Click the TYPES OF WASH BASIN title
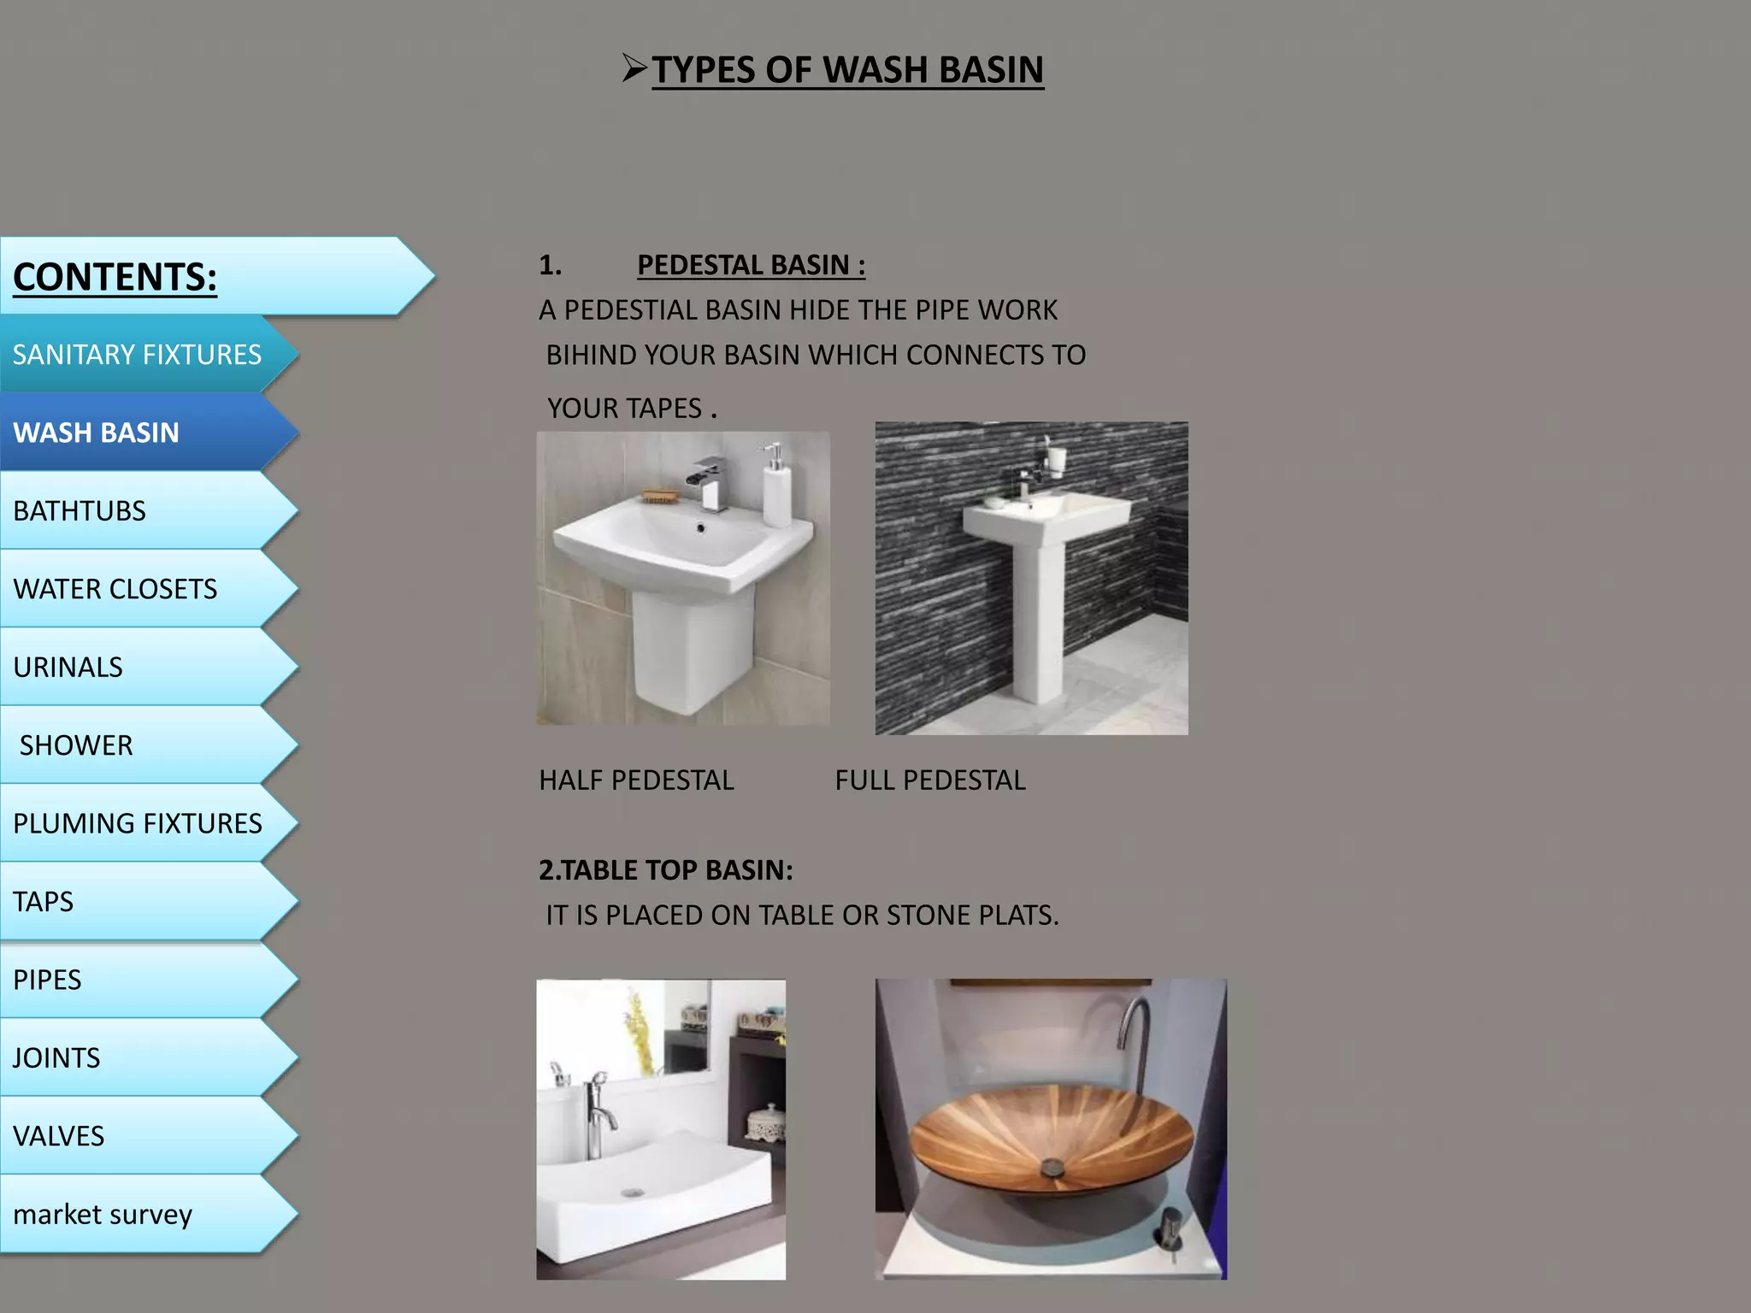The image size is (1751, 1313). pos(846,70)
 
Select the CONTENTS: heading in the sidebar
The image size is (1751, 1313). pos(115,277)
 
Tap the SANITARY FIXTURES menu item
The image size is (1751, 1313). pos(137,355)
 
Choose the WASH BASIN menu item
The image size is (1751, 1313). pos(97,433)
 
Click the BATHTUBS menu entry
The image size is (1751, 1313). pos(80,511)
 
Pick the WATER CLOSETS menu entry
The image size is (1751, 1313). pos(115,589)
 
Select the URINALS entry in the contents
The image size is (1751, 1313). pos(68,668)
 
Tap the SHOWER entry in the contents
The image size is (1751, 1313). pos(76,745)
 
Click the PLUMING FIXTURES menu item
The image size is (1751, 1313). pos(137,823)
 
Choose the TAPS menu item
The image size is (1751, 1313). pos(44,902)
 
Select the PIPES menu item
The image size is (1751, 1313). pos(47,980)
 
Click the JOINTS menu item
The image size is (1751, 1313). pos(56,1058)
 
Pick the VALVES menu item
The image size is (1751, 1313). pos(58,1136)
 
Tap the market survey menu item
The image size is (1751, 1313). pos(103,1215)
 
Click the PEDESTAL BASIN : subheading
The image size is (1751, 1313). pos(751,265)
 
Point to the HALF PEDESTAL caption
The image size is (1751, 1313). pos(636,780)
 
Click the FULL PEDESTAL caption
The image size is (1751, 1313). pos(930,780)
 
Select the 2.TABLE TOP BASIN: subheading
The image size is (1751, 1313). pos(665,870)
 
